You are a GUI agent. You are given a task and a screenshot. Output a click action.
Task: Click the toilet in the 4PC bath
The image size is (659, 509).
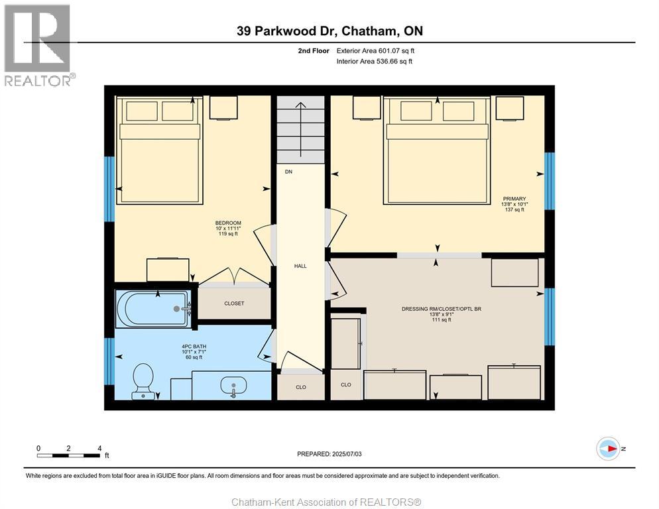[143, 381]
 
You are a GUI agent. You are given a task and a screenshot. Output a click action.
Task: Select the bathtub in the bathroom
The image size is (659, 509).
[153, 308]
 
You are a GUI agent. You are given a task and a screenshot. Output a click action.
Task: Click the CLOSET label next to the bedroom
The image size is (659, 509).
[234, 304]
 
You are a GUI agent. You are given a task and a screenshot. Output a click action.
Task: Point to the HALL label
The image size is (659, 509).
[300, 266]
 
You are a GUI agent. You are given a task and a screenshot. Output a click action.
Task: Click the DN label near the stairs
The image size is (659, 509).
[288, 172]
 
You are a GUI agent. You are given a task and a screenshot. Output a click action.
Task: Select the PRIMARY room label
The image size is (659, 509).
[514, 199]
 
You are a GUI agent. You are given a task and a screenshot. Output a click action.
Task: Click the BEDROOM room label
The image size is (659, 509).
[228, 223]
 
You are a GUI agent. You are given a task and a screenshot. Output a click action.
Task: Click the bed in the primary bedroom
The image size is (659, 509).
[438, 151]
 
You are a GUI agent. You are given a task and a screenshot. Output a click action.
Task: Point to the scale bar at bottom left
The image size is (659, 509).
[69, 455]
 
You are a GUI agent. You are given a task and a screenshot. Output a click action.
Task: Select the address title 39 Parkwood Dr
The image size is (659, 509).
[329, 31]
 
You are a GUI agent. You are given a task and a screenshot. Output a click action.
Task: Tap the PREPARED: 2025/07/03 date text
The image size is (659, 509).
[329, 454]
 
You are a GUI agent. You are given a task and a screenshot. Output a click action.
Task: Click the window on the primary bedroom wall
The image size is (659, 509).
[549, 181]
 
